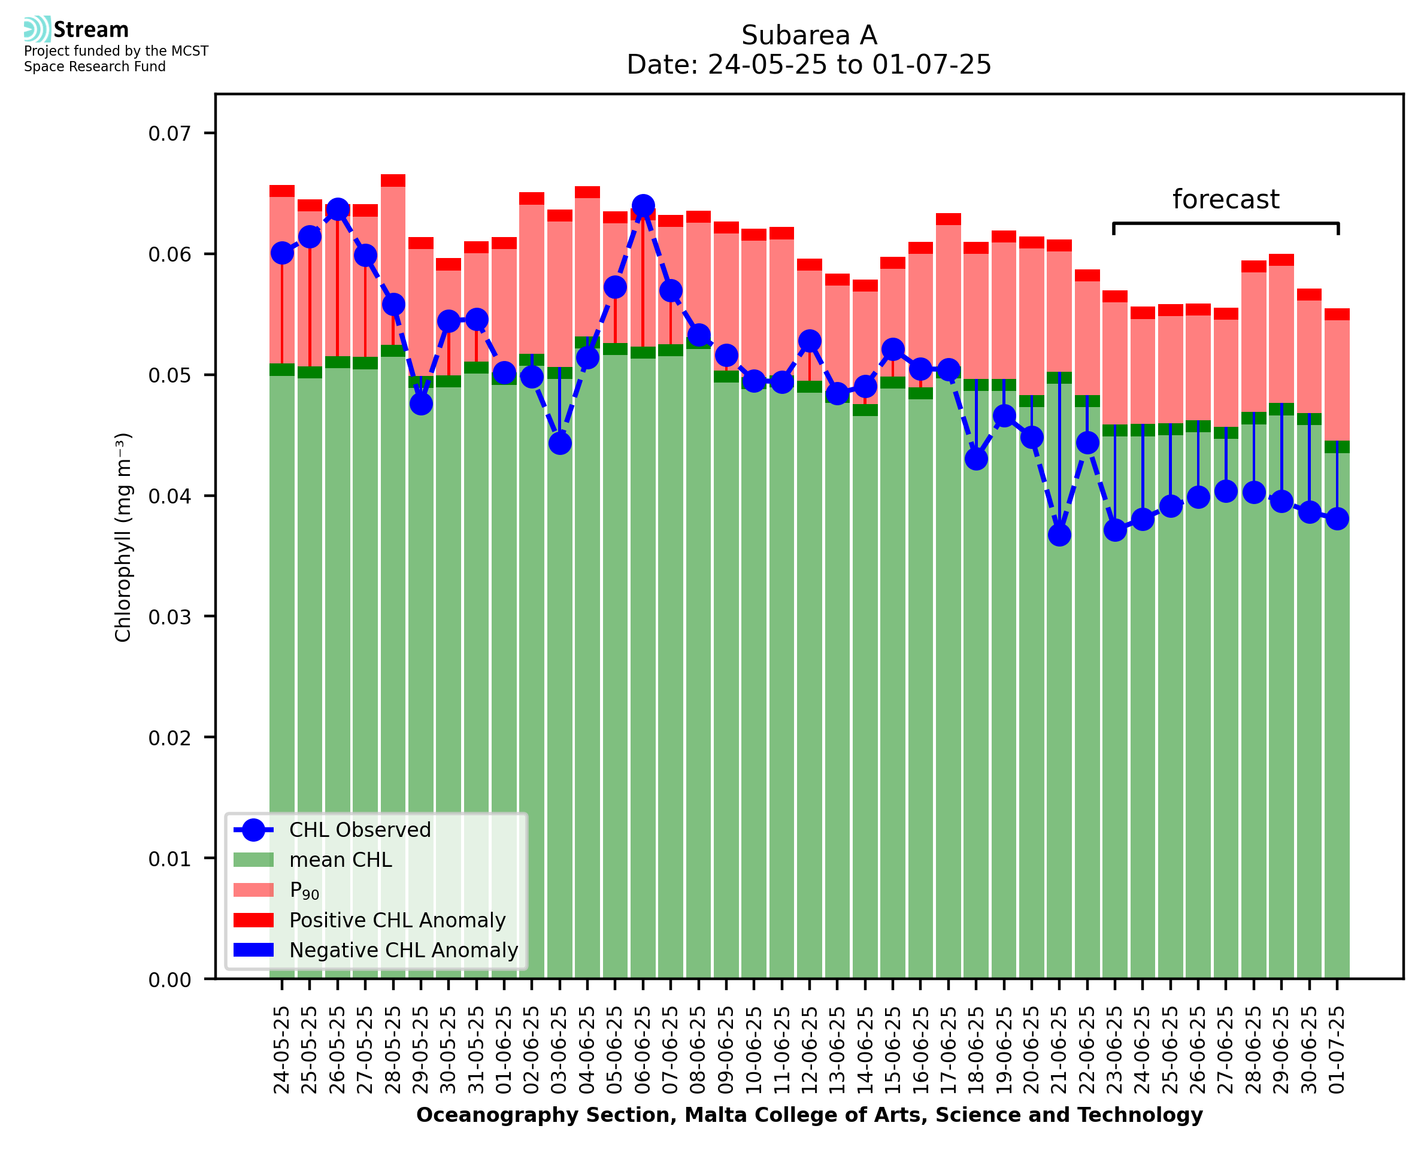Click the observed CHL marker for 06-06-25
point(643,206)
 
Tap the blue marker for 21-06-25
point(1059,535)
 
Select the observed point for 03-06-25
point(560,443)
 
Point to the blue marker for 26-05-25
point(338,210)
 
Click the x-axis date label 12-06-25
point(810,1051)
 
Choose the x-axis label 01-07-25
point(1337,1051)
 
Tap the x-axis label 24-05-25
point(282,1051)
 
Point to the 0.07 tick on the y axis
point(169,134)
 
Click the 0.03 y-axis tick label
point(169,617)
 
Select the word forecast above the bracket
point(1226,199)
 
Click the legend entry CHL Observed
point(360,830)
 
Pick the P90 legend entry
point(304,890)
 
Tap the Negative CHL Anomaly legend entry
point(403,950)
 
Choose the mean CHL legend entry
point(341,860)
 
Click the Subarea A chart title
point(809,35)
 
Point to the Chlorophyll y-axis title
point(123,537)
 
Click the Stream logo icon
point(38,29)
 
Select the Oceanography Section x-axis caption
point(809,1115)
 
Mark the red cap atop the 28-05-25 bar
point(393,181)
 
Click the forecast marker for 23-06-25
point(1115,530)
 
